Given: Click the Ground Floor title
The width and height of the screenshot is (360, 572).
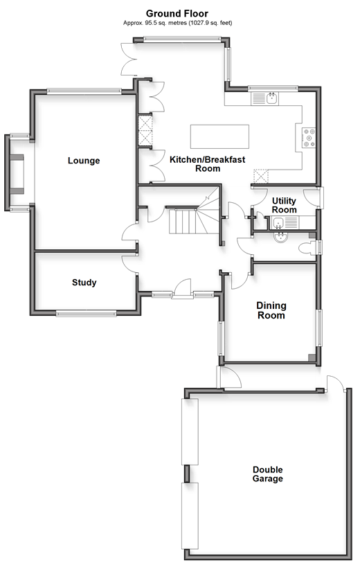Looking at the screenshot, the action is [177, 13].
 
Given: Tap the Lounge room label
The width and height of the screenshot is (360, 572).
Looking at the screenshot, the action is [84, 161].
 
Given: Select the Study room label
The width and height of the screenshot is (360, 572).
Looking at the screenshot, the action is [84, 283].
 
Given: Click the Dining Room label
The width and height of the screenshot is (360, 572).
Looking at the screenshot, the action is [271, 310].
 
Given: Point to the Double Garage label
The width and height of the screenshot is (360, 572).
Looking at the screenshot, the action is [268, 474].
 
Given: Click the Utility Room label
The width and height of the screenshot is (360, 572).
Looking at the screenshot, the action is [284, 205].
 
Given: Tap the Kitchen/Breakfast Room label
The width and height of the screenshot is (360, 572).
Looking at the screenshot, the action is [208, 164].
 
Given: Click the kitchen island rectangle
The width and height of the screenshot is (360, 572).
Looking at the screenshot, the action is [219, 137].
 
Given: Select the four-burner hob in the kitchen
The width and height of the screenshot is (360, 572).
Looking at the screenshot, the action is [309, 138].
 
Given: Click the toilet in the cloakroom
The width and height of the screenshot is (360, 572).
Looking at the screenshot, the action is [307, 249].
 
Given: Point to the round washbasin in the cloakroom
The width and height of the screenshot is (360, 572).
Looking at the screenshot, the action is [280, 237].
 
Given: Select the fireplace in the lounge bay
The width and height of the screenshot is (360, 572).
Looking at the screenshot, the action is [17, 174].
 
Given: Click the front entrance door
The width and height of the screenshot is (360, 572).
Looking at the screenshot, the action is [182, 289].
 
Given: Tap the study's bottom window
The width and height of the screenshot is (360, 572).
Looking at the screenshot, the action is [86, 312].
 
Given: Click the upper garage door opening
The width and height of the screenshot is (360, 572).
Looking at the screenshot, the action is [190, 431].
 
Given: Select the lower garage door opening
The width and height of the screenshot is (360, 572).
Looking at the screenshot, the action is [190, 516].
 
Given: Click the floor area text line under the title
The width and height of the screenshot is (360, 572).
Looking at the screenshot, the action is [178, 23].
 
